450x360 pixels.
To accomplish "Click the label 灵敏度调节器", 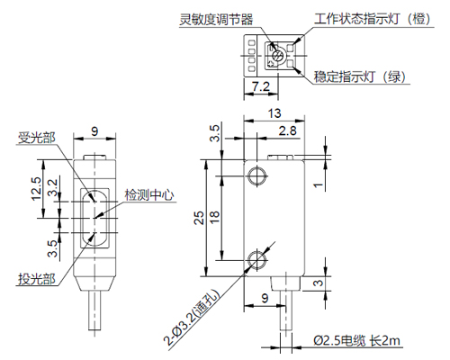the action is click(216, 20).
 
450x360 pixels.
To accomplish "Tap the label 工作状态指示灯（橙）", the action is click(373, 19).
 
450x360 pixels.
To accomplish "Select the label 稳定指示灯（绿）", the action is click(360, 76).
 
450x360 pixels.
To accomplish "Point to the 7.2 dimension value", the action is click(261, 86).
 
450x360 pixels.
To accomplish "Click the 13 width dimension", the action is click(274, 113).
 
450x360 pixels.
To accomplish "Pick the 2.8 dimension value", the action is click(287, 130).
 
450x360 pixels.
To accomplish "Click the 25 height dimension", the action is click(199, 218).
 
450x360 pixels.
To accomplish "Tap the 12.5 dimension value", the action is click(37, 189).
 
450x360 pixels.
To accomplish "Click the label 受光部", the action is click(37, 138).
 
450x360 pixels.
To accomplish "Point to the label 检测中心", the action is click(149, 194).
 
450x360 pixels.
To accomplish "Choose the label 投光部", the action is click(37, 279).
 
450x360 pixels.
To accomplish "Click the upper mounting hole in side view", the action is click(257, 175).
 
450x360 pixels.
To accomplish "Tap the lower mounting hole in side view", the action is click(257, 260).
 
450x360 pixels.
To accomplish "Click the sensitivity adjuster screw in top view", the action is click(278, 56).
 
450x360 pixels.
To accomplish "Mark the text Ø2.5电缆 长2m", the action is click(357, 341).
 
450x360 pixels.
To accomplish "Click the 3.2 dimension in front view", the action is click(53, 187).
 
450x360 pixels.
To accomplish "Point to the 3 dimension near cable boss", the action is click(319, 283).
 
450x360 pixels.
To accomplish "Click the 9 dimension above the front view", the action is click(94, 131).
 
